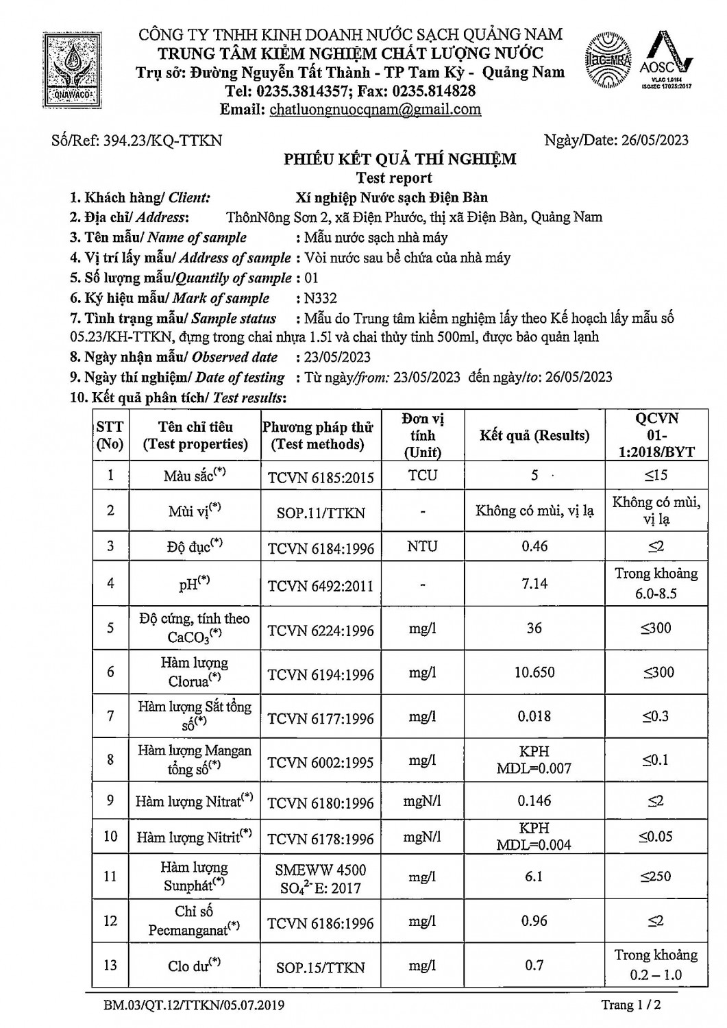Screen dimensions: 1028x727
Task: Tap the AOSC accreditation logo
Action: point(665,62)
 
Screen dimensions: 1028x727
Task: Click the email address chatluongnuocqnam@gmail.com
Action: point(375,109)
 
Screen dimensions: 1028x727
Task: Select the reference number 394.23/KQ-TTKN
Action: point(162,140)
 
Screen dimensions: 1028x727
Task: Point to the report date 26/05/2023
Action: point(654,140)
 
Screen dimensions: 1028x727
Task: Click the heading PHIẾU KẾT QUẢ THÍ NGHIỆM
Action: point(400,160)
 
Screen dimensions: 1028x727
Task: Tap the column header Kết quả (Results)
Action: point(534,435)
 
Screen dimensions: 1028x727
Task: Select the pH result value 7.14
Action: point(534,583)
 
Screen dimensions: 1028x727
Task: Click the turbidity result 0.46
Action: point(534,546)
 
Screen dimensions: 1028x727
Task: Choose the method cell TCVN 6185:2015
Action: point(321,476)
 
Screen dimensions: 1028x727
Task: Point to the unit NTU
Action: point(422,546)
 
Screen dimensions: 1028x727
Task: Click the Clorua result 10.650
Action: point(534,672)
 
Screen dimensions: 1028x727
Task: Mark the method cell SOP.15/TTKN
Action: point(321,968)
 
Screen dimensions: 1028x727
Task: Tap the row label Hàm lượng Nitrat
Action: point(194,801)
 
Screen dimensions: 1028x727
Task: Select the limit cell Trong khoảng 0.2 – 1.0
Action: point(656,965)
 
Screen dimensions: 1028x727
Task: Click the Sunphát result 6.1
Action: point(534,876)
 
